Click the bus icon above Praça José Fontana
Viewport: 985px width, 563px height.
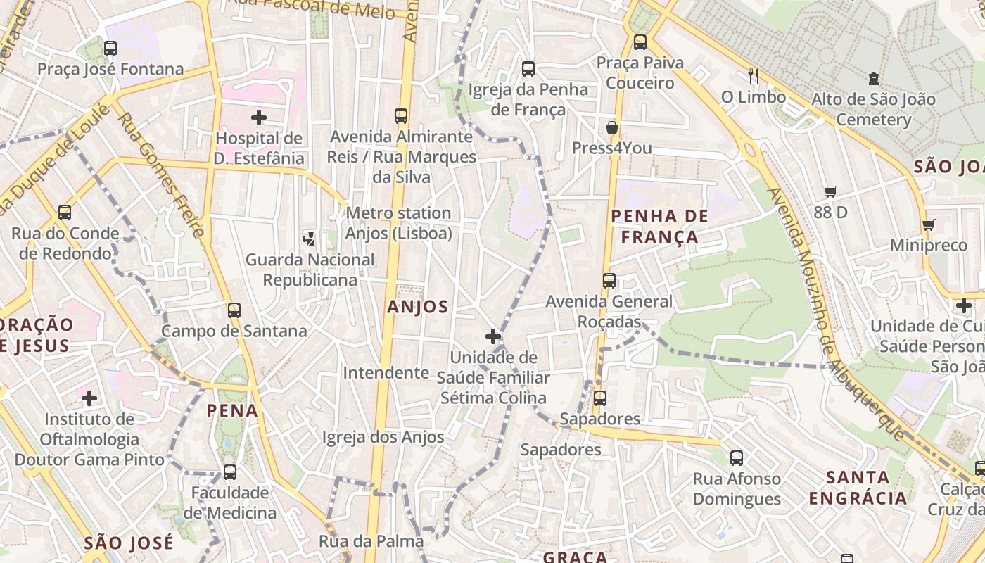pyautogui.click(x=110, y=49)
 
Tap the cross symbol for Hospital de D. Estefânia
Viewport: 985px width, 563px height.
pyautogui.click(x=259, y=118)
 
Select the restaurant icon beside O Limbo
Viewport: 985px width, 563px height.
pyautogui.click(x=754, y=75)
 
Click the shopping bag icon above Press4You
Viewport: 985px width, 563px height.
pyautogui.click(x=612, y=127)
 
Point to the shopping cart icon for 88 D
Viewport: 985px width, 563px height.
pyautogui.click(x=831, y=191)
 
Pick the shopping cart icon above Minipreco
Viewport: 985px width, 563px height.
pyautogui.click(x=929, y=225)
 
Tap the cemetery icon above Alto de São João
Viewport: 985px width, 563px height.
pyautogui.click(x=874, y=78)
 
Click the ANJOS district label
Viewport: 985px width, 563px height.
pyautogui.click(x=418, y=307)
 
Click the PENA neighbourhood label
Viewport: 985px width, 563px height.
pyautogui.click(x=232, y=410)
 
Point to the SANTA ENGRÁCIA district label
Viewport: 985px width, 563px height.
pyautogui.click(x=857, y=488)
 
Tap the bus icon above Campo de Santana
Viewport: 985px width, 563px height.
pyautogui.click(x=234, y=310)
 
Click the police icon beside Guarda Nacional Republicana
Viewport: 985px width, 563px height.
pyautogui.click(x=309, y=239)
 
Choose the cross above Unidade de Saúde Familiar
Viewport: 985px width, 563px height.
pyautogui.click(x=493, y=336)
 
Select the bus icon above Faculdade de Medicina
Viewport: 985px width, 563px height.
pyautogui.click(x=230, y=472)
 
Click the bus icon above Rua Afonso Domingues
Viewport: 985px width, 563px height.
pyautogui.click(x=737, y=458)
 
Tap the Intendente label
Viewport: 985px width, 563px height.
pyautogui.click(x=386, y=372)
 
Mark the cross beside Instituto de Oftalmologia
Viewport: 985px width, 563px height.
pyautogui.click(x=89, y=399)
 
